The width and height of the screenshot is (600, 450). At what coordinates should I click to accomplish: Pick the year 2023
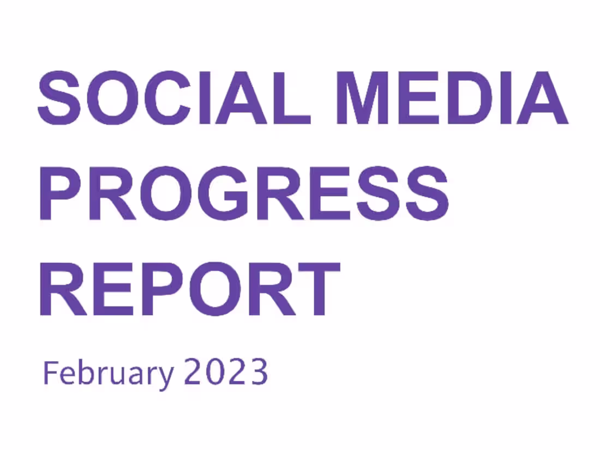click(226, 373)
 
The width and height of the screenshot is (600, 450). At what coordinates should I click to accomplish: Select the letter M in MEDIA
click(363, 99)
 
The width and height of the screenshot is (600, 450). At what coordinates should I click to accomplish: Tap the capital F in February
click(50, 373)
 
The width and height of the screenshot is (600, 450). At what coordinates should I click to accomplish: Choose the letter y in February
click(166, 376)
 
